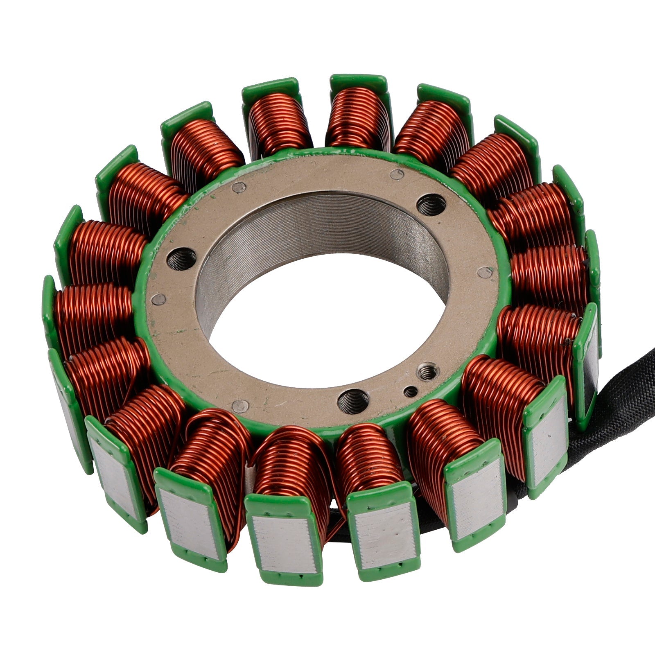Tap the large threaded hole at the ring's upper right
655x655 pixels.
coord(431,205)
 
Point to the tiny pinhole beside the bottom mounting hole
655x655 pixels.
coord(411,392)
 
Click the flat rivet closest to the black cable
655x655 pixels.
coord(485,272)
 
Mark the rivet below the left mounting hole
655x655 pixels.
coord(159,299)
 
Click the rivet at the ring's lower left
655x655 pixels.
coord(240,406)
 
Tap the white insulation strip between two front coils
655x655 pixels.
coord(250,475)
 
